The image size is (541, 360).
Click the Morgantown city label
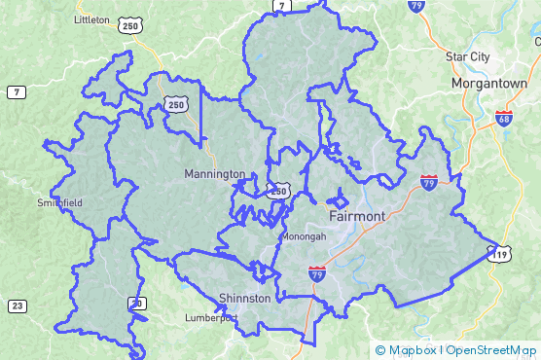[x=489, y=84]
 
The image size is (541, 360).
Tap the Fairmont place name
[x=357, y=215]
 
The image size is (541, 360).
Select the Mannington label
[x=214, y=174]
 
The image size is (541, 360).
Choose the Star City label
[x=467, y=56]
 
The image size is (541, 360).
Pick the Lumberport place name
[x=211, y=318]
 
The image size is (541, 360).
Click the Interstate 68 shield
[x=503, y=119]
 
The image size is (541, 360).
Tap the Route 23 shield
[x=17, y=306]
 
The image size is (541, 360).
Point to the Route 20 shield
[x=137, y=305]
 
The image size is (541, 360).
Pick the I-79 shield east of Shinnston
[x=317, y=273]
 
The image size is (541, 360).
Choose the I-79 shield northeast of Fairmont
[x=429, y=181]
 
